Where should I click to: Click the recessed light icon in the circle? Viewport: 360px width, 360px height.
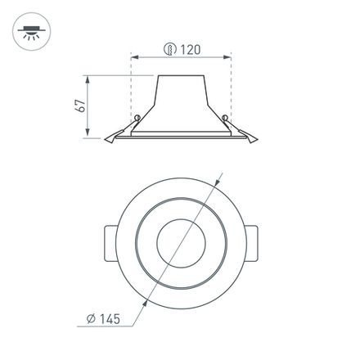[31, 32]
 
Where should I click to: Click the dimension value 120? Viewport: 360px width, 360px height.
[190, 50]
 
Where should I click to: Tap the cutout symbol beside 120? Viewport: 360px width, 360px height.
[169, 50]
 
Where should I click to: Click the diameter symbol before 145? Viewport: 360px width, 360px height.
[97, 320]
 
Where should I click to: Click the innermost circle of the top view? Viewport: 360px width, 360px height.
[179, 241]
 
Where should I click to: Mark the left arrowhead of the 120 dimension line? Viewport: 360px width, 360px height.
[134, 57]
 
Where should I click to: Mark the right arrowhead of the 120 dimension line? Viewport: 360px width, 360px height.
[227, 57]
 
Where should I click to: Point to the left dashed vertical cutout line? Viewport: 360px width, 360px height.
[131, 90]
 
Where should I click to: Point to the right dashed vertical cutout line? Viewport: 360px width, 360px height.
[231, 90]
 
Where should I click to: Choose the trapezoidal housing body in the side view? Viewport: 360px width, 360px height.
[179, 102]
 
